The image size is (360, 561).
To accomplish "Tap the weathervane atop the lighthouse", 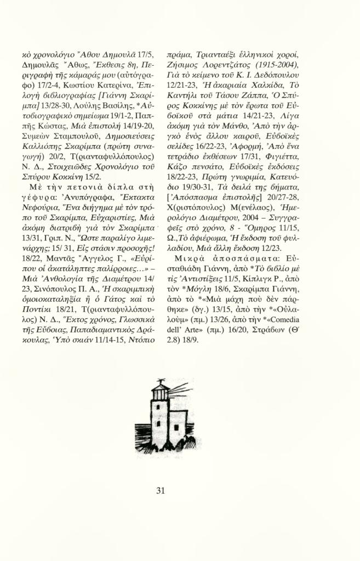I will click(x=160, y=381).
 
